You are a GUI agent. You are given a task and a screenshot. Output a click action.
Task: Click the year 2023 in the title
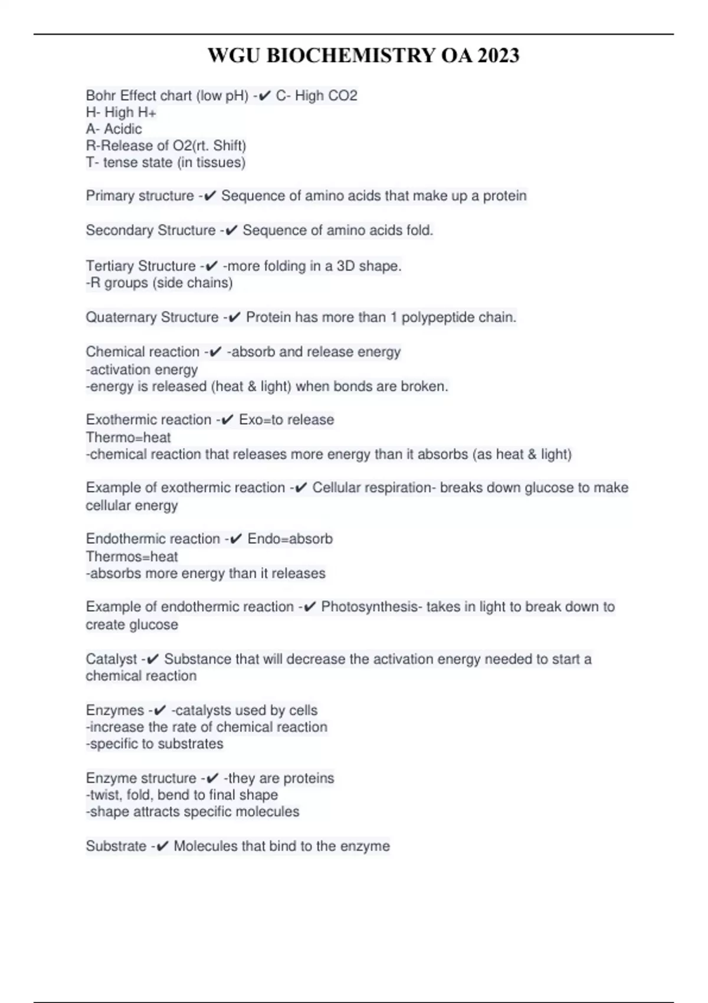point(499,55)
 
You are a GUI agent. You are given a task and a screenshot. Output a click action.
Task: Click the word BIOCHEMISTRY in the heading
point(352,55)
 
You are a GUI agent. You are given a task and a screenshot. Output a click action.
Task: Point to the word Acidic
point(123,129)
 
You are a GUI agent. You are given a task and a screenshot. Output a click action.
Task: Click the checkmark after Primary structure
point(209,196)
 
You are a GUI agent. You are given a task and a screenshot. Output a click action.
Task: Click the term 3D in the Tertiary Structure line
point(345,266)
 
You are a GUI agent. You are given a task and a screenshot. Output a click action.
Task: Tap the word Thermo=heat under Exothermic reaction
point(128,438)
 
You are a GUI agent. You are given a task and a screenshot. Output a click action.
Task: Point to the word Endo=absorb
point(290,539)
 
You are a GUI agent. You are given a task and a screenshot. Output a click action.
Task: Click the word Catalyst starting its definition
point(111,659)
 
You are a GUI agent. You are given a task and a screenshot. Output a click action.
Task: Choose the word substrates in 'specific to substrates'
point(189,744)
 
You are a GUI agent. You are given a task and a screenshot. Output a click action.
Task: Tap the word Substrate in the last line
point(116,846)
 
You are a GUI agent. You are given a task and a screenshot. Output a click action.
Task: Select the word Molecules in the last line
point(205,846)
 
